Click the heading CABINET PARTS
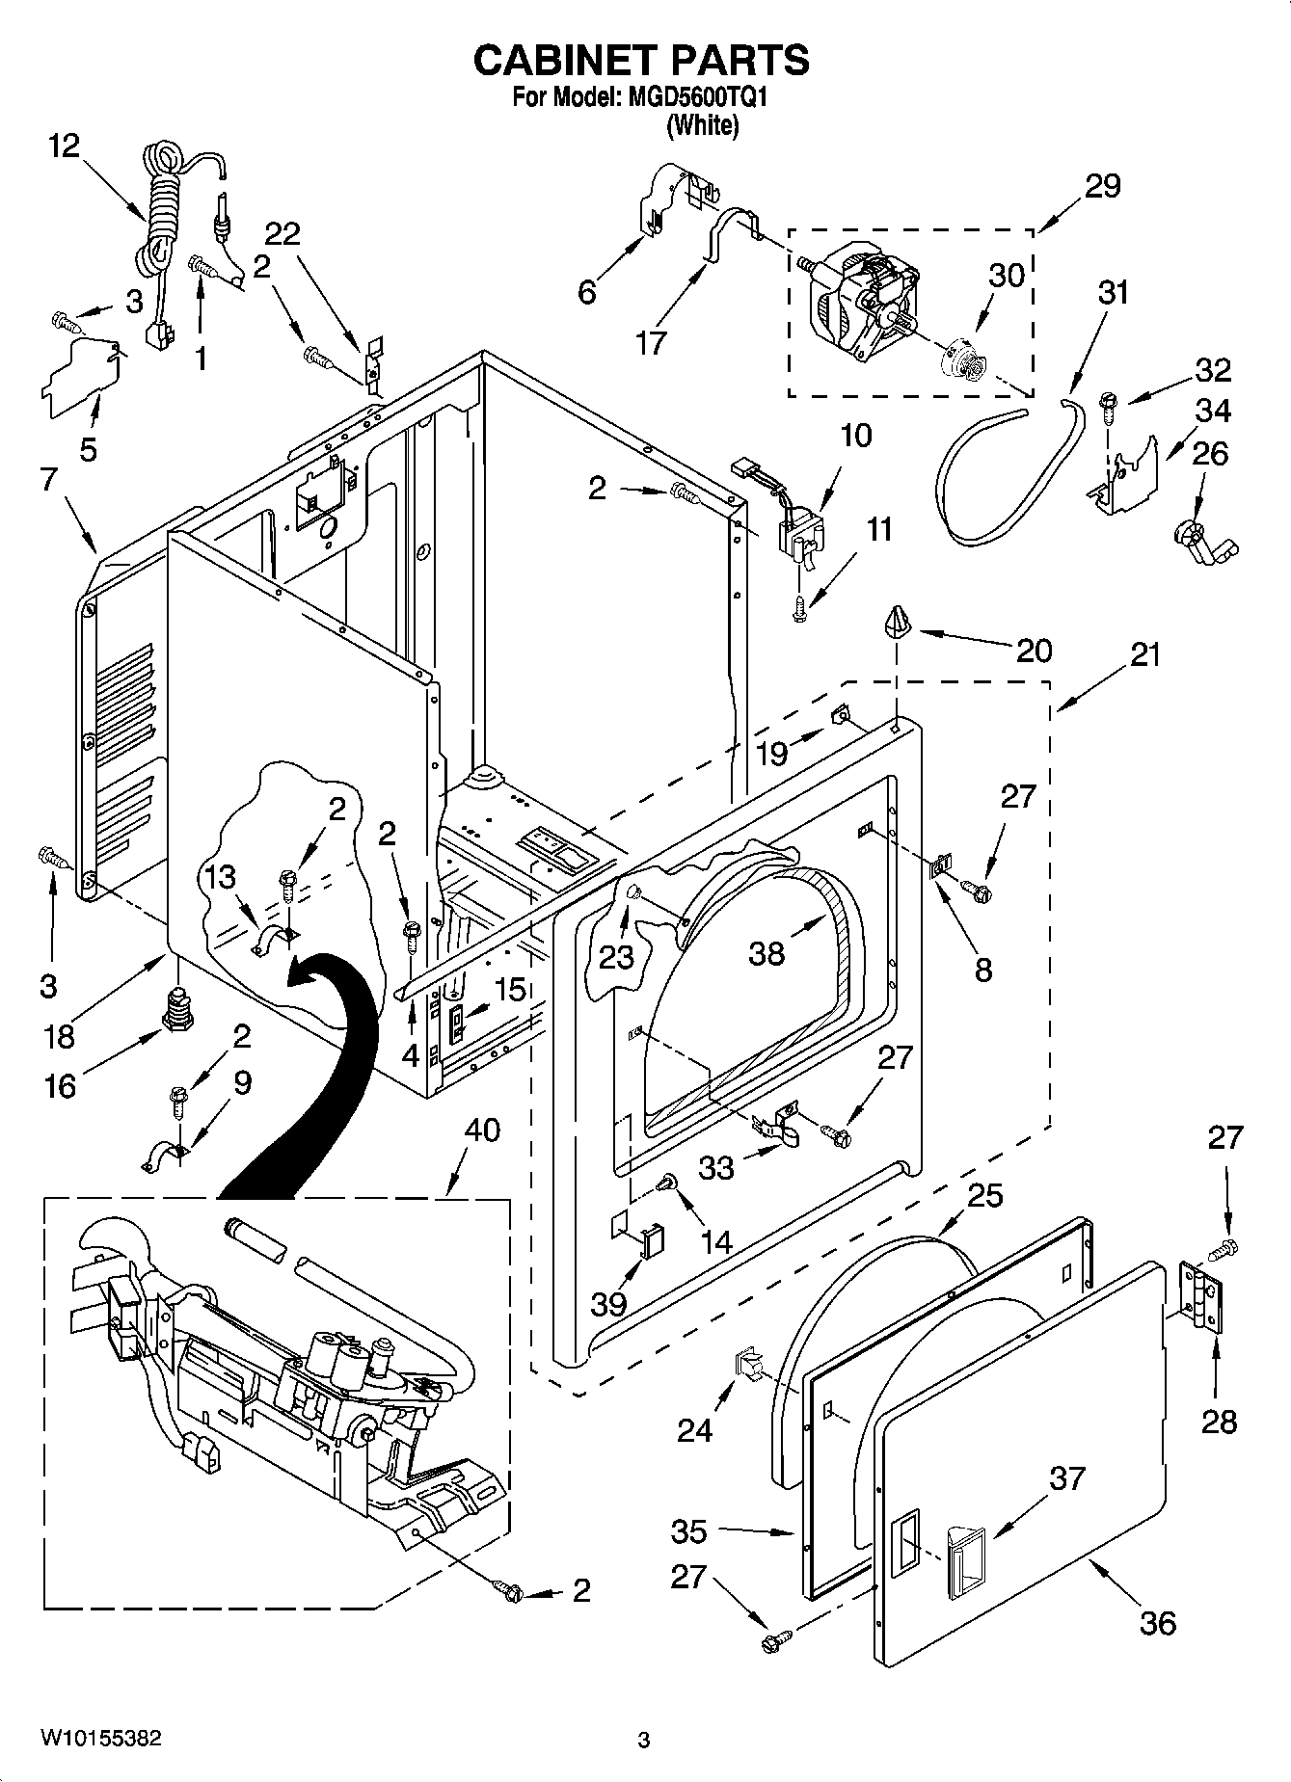[641, 60]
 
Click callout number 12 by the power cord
[66, 146]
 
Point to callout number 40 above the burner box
[482, 1130]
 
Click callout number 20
[1034, 651]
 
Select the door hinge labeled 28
[1200, 1296]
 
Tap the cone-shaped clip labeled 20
[899, 623]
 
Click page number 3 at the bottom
[643, 1740]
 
